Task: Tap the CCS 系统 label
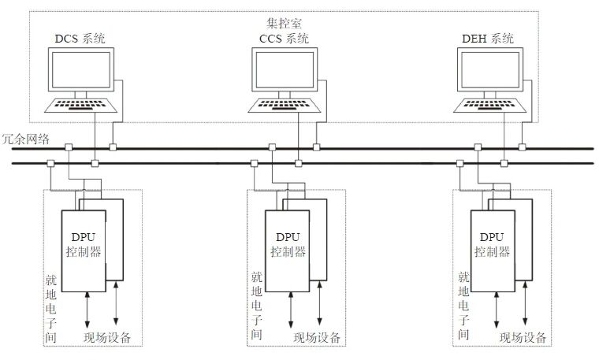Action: [x=285, y=39]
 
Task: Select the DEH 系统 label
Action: [x=489, y=39]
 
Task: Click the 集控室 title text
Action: [x=285, y=22]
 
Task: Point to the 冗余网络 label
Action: [x=26, y=139]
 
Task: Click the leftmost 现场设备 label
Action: [x=106, y=338]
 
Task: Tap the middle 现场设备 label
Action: [x=317, y=338]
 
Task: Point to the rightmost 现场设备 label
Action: [x=522, y=338]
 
